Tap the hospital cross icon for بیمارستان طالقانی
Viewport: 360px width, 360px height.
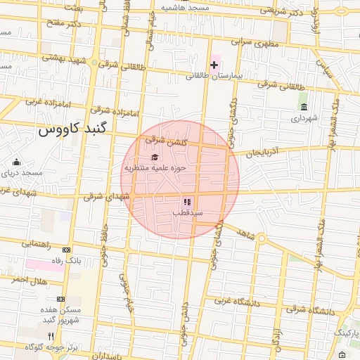(214, 65)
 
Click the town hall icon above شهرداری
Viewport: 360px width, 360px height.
(304, 107)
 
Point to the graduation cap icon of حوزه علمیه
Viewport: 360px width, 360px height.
(155, 157)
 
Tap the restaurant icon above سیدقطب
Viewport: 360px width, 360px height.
(187, 202)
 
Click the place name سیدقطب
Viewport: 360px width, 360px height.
(189, 212)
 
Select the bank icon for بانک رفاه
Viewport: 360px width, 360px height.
(67, 250)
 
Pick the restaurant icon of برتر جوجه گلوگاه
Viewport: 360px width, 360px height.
(51, 336)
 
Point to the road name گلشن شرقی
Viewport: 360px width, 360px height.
(166, 141)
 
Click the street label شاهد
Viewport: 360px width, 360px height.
(245, 233)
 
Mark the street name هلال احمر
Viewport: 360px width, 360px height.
(29, 280)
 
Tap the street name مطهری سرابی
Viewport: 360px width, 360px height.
(241, 42)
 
